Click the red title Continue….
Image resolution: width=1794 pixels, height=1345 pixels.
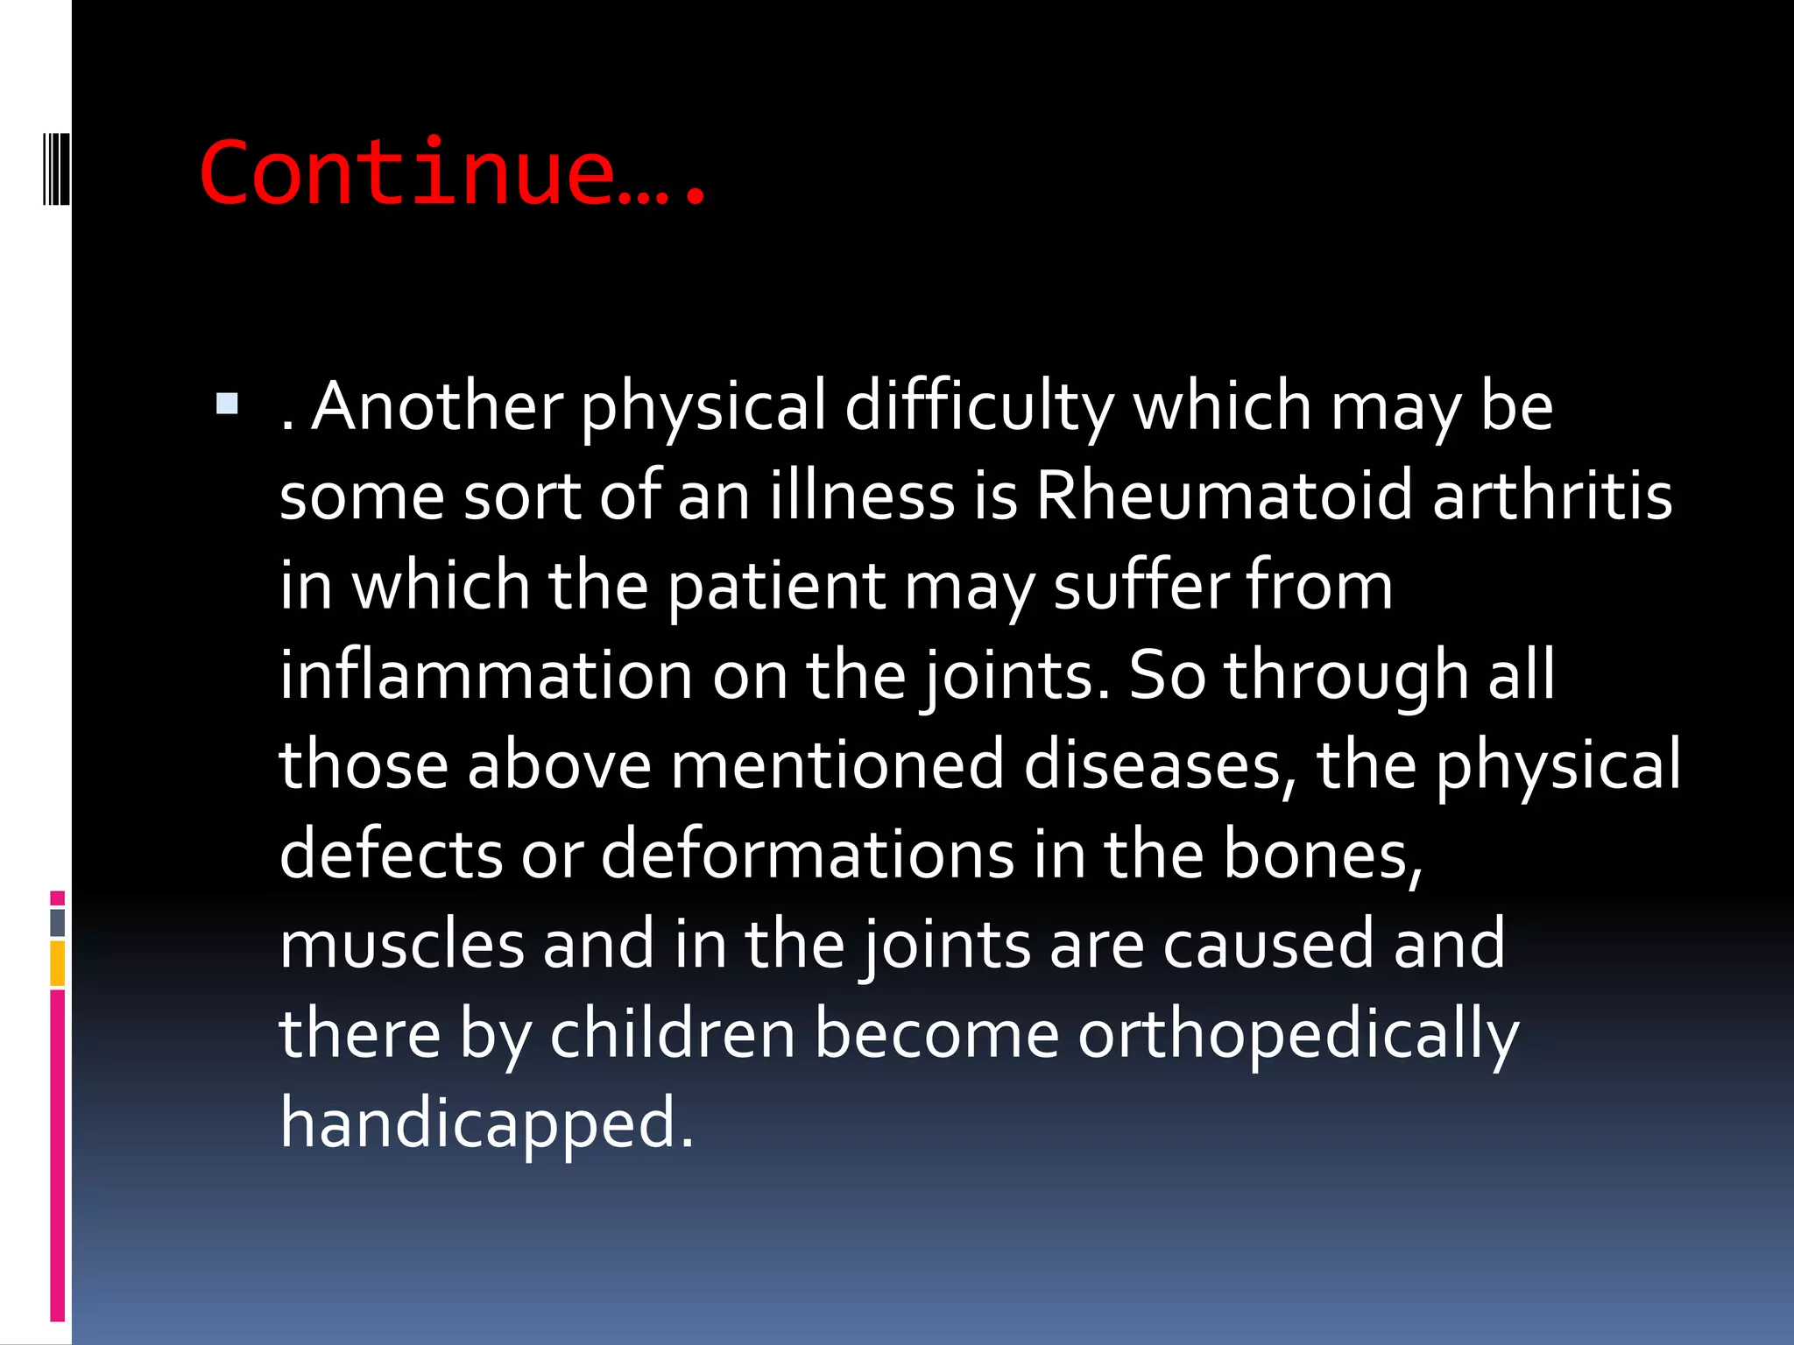[452, 173]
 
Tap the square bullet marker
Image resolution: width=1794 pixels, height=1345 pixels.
[227, 404]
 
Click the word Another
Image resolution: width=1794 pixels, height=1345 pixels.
[438, 407]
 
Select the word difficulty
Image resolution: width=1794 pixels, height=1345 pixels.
[978, 407]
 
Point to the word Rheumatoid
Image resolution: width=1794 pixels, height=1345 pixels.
[1224, 496]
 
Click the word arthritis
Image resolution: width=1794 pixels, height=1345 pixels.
[1552, 496]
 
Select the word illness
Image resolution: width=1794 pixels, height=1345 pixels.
[863, 496]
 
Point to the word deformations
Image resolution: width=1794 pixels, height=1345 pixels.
[807, 855]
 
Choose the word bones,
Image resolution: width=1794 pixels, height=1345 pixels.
[1323, 855]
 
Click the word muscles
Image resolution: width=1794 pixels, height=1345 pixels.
[401, 945]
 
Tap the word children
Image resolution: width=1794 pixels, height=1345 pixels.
[672, 1034]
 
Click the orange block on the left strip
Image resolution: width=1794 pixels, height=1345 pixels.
[58, 963]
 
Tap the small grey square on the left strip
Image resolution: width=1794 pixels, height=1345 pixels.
[58, 922]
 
